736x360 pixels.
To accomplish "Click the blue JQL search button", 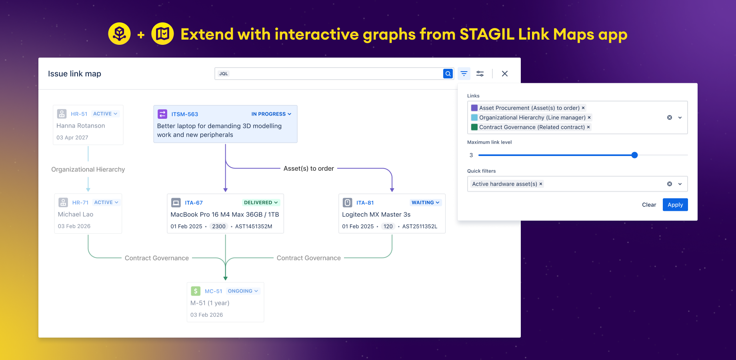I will [x=448, y=74].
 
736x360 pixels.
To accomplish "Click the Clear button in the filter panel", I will [x=649, y=205].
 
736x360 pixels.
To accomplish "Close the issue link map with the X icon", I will [x=505, y=74].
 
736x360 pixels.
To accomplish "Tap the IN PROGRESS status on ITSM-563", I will [x=271, y=114].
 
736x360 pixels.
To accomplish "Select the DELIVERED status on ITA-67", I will [x=261, y=202].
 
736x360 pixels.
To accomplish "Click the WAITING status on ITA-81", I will [x=426, y=202].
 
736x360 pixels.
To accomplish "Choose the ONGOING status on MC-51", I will [x=243, y=291].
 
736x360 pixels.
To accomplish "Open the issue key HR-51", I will [x=79, y=114].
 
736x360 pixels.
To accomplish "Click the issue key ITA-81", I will [x=365, y=203].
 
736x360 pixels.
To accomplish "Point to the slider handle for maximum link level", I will [x=634, y=155].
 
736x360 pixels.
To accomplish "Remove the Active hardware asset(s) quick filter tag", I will [x=541, y=184].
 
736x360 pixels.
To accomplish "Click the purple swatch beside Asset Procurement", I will [x=474, y=108].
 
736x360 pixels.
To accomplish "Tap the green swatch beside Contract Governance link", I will [x=474, y=127].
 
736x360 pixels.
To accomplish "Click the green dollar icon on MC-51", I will [x=196, y=291].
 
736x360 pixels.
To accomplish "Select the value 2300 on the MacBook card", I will [x=219, y=226].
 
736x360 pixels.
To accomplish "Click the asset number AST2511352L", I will [x=420, y=226].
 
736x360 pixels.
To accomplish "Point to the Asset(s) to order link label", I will [x=308, y=168].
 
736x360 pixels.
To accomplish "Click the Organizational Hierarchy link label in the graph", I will [x=88, y=170].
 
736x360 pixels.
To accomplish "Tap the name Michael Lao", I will [x=76, y=214].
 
